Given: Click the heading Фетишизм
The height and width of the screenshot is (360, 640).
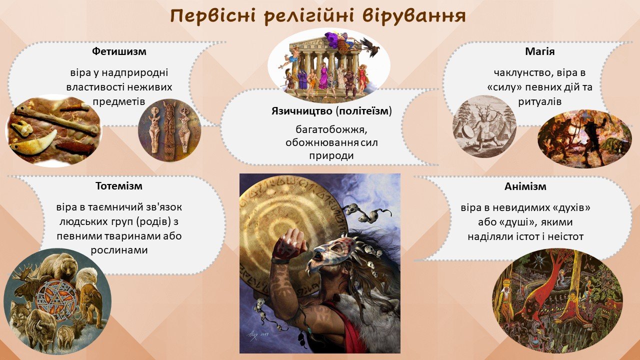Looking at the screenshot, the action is point(119,51).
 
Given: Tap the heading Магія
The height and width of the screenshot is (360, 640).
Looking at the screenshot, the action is point(539,51).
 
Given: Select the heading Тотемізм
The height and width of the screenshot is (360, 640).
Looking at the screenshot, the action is point(119,186).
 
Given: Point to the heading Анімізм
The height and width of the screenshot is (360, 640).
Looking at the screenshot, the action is point(525,186).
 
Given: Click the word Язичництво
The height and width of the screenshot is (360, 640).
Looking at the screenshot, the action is point(301,111).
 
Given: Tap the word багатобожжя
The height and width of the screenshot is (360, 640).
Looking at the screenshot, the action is point(331,130).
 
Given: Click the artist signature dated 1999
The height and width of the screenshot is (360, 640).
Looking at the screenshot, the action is point(258,334).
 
